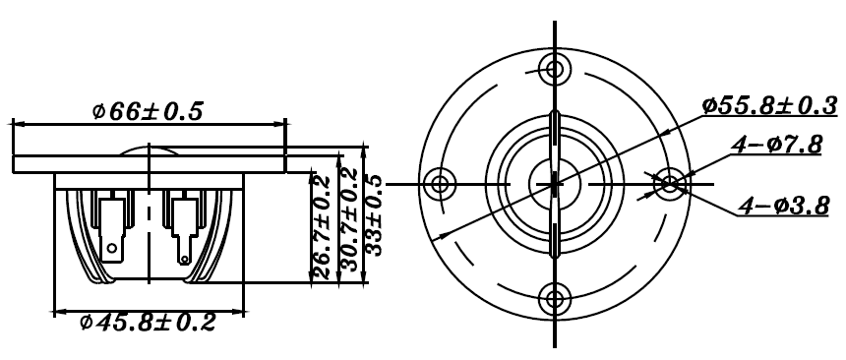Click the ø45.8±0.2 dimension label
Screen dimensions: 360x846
[148, 323]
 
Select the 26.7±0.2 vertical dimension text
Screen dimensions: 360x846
[321, 225]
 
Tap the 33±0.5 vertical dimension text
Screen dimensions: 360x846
[375, 214]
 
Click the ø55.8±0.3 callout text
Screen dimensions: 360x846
[770, 105]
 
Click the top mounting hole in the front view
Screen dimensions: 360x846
[555, 69]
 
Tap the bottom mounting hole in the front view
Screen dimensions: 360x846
[555, 297]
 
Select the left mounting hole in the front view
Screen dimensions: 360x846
[440, 183]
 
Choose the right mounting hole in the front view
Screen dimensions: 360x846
[670, 183]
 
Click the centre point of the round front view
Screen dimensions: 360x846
[555, 183]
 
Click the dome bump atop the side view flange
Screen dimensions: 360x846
[148, 150]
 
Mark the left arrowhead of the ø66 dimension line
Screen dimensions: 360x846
[18, 124]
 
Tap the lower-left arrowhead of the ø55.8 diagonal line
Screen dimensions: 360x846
[442, 235]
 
